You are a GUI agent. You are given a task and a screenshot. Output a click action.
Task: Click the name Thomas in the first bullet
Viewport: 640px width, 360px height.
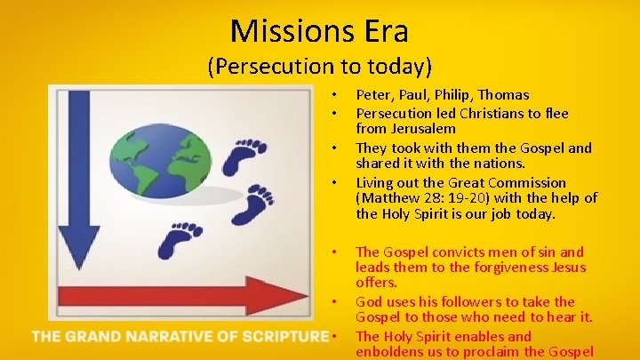(x=503, y=94)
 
